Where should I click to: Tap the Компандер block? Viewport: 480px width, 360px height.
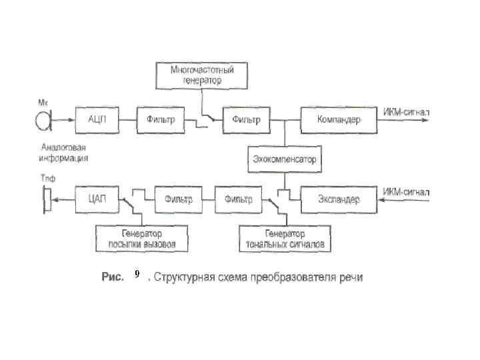point(339,120)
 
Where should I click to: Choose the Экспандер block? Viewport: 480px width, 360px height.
point(339,199)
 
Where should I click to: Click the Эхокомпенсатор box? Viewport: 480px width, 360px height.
point(285,159)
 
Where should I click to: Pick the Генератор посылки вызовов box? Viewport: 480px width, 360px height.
point(142,239)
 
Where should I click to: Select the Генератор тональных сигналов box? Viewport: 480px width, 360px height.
point(285,239)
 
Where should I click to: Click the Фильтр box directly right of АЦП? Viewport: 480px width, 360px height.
point(160,120)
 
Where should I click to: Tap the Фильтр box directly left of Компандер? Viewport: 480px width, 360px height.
point(246,120)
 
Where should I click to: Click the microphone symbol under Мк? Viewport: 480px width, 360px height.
point(43,120)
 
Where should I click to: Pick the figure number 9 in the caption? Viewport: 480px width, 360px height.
point(136,274)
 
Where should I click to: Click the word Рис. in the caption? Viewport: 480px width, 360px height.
point(112,277)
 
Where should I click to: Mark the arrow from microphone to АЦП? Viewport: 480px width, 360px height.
point(63,120)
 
